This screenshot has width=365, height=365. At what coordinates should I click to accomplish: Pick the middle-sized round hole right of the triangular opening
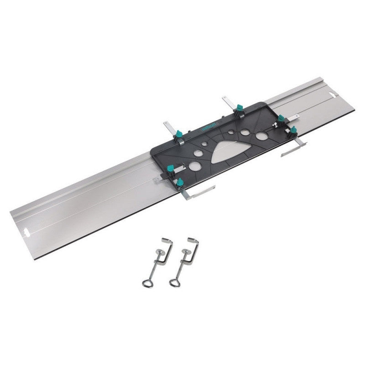tap(245, 133)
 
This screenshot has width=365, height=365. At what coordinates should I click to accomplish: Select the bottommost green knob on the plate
tap(179, 183)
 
